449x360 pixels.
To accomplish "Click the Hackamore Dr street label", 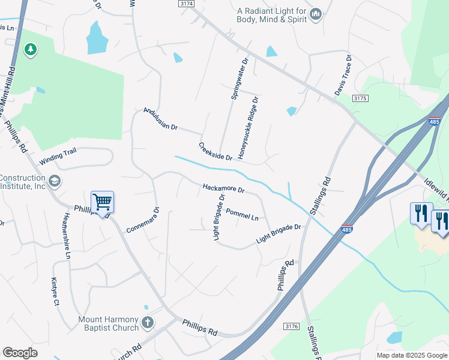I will pyautogui.click(x=224, y=188).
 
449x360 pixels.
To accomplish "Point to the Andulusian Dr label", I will pyautogui.click(x=160, y=119).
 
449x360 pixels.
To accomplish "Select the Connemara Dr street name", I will pyautogui.click(x=143, y=220).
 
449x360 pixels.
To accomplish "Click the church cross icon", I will pyautogui.click(x=147, y=324).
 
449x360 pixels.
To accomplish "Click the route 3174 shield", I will pyautogui.click(x=187, y=4).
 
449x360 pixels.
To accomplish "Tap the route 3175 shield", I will pyautogui.click(x=360, y=98).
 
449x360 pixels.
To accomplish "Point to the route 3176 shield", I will pyautogui.click(x=292, y=326).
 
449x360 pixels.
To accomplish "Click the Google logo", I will pyautogui.click(x=20, y=353).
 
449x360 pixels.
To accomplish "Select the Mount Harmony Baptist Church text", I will pyautogui.click(x=108, y=324).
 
